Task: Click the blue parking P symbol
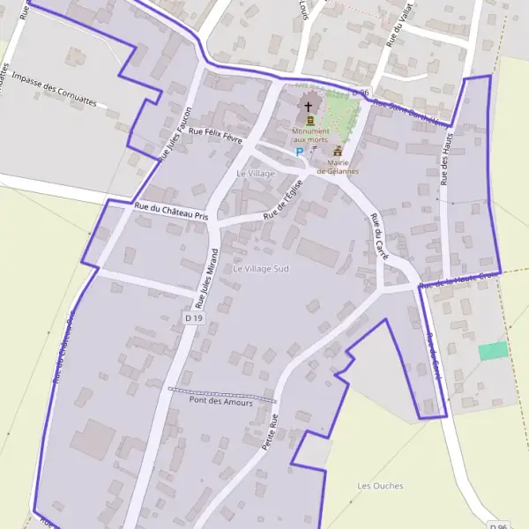click(x=299, y=152)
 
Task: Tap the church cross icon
click(x=309, y=107)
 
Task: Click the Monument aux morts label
click(x=309, y=136)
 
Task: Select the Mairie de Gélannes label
click(x=338, y=167)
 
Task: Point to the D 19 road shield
click(x=194, y=317)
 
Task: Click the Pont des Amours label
click(x=220, y=402)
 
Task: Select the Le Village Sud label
click(x=261, y=267)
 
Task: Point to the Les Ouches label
click(x=380, y=486)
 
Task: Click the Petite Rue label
click(x=271, y=432)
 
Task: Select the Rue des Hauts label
click(x=444, y=163)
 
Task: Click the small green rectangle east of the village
click(x=494, y=351)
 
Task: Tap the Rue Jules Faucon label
click(x=175, y=134)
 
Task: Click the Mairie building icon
click(x=338, y=152)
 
